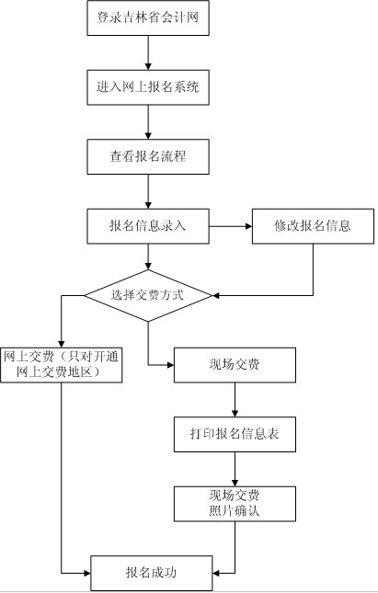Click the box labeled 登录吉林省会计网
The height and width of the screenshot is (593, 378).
[x=148, y=17]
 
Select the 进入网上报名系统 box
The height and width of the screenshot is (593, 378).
[x=148, y=87]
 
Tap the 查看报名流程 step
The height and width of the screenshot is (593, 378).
[x=148, y=156]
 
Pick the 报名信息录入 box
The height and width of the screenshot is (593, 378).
[x=148, y=226]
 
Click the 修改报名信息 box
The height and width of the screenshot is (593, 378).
[x=313, y=226]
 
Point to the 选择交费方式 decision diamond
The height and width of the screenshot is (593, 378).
[x=148, y=295]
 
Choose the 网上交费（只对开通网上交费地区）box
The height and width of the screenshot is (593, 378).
[x=62, y=365]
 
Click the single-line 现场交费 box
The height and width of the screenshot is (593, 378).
[x=235, y=365]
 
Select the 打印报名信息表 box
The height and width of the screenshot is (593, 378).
[x=235, y=434]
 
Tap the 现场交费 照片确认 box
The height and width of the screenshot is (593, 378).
[x=235, y=504]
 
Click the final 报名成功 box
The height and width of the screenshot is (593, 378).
[x=152, y=573]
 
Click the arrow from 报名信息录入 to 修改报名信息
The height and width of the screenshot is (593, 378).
[x=231, y=226]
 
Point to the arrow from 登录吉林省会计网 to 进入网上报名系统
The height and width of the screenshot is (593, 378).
[x=148, y=53]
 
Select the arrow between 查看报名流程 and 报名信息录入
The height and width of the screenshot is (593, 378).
[x=148, y=191]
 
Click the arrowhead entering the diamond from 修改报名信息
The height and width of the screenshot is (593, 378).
[x=216, y=295]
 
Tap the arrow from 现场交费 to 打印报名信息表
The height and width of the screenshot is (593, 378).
[x=235, y=400]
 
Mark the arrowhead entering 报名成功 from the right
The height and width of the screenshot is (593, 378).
[x=216, y=574]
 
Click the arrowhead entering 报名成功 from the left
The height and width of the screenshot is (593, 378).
[x=87, y=574]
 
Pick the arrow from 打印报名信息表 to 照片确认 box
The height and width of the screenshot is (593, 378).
[x=235, y=469]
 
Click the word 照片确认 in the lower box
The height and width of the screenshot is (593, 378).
[x=235, y=511]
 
